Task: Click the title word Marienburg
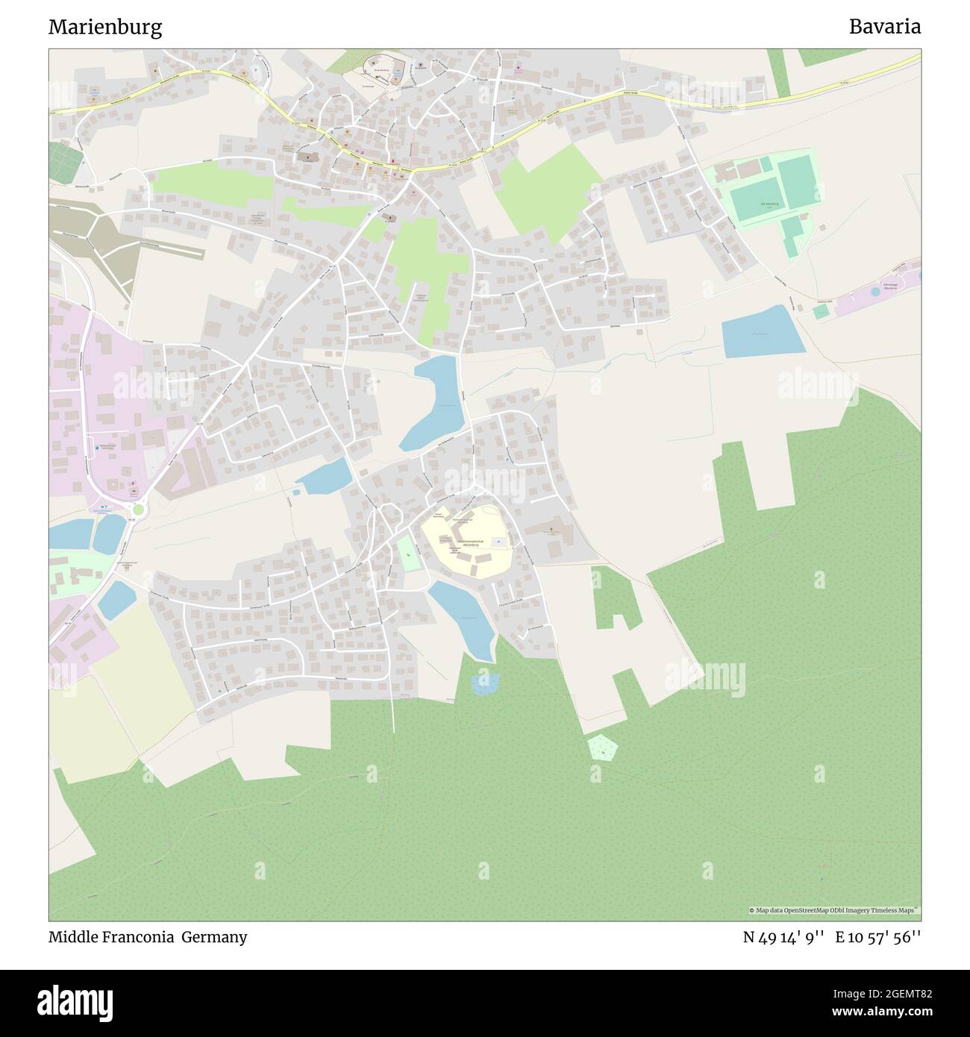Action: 105,28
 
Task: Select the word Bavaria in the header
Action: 884,27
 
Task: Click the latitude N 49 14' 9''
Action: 783,937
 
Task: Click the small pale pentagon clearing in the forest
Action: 601,748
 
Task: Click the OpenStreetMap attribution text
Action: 836,910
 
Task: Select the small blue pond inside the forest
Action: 485,684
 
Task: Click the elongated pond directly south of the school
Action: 463,618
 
